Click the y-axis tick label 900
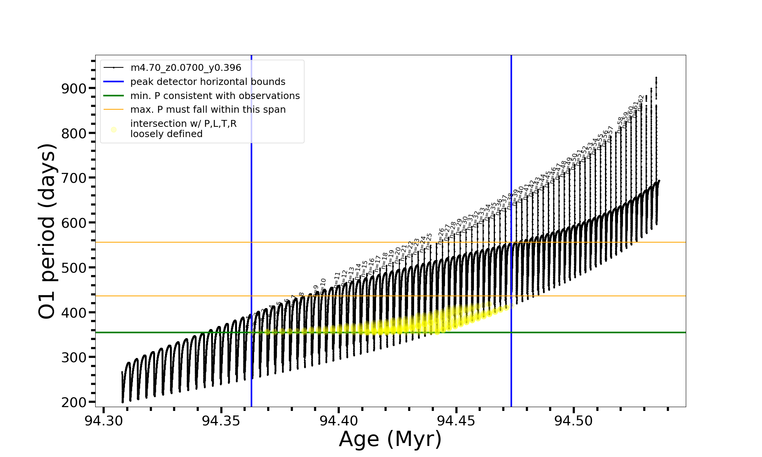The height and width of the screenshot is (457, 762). (x=74, y=88)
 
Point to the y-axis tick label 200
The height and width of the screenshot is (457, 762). (x=74, y=402)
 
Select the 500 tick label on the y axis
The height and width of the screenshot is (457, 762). (x=74, y=268)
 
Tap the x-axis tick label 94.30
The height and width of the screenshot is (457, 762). (x=104, y=421)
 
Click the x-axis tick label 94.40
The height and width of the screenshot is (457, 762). (x=339, y=421)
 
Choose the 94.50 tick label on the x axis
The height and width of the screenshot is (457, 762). (x=574, y=421)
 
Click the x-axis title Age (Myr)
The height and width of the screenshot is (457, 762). (x=390, y=439)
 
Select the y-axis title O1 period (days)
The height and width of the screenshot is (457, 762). (x=47, y=231)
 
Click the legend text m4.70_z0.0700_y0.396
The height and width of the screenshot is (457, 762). (x=186, y=68)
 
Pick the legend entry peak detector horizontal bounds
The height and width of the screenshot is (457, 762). (x=208, y=82)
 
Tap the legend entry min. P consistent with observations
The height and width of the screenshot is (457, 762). (x=215, y=96)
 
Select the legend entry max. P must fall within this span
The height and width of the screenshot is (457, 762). (x=208, y=110)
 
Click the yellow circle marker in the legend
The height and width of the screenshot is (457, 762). (x=114, y=129)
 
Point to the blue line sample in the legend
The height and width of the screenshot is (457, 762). (x=114, y=81)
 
